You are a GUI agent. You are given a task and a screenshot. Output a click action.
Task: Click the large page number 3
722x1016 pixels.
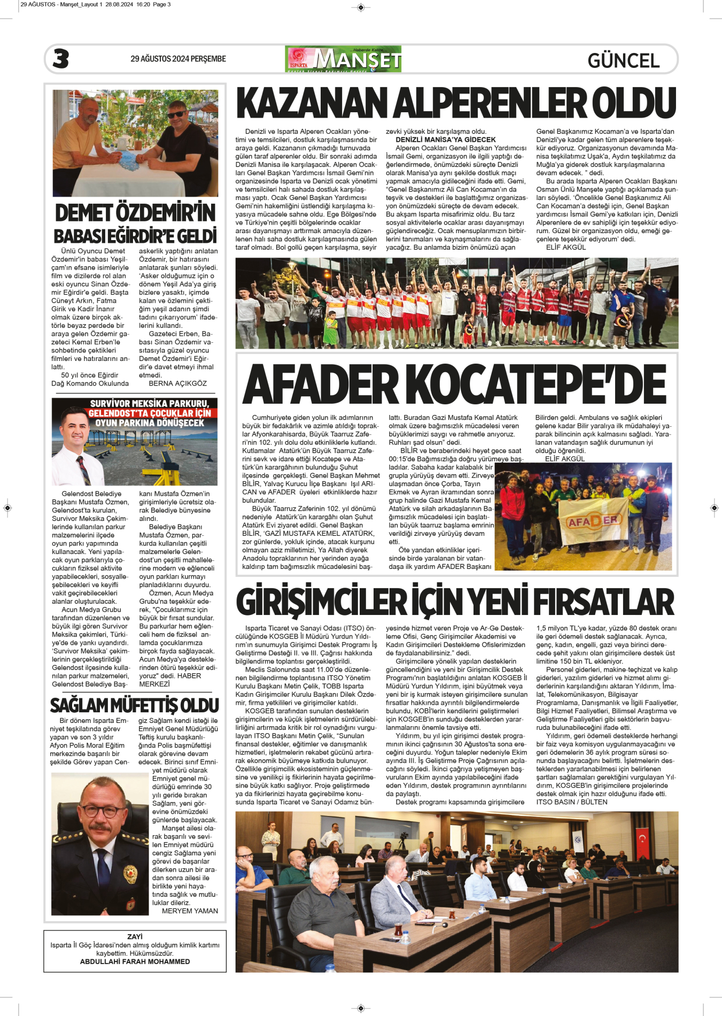[x=61, y=59]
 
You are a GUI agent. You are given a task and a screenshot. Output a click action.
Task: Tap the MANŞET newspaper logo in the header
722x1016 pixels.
[x=344, y=59]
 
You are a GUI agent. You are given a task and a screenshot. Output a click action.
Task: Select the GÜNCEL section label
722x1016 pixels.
[x=623, y=60]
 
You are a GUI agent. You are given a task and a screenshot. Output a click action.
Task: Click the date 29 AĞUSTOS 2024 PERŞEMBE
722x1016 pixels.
[x=178, y=59]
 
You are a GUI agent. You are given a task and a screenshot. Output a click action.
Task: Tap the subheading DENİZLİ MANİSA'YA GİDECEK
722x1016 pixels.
[x=445, y=140]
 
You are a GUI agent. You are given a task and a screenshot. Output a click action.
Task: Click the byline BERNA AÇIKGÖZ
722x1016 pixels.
[x=177, y=383]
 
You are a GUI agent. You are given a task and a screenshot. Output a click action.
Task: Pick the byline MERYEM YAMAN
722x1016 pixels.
[x=190, y=911]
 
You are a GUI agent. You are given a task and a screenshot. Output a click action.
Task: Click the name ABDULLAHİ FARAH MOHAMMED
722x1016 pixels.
[x=135, y=961]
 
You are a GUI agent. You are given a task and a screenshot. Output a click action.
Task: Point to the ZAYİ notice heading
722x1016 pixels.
[x=135, y=937]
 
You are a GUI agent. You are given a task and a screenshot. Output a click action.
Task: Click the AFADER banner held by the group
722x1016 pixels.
[x=593, y=521]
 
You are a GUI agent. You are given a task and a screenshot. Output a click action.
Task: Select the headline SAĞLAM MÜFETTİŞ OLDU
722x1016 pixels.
[x=134, y=706]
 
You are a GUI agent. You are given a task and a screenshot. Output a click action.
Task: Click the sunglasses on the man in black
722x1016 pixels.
[x=176, y=114]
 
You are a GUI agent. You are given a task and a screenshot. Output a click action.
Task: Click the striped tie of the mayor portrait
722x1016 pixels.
[x=83, y=469]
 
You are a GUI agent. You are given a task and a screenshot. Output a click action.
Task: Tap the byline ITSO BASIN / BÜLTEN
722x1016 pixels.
[x=571, y=802]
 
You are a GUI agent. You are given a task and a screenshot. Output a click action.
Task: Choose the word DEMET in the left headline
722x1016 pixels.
[x=82, y=213]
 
